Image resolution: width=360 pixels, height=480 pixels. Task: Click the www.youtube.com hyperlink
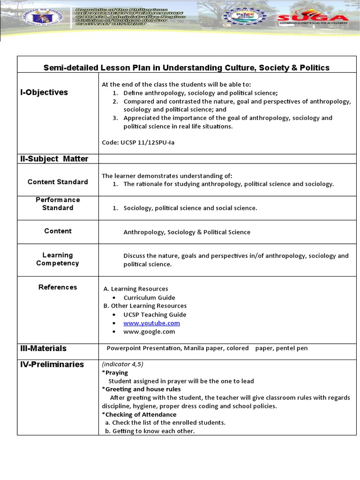click(x=151, y=323)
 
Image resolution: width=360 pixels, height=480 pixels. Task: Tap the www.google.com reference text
click(x=149, y=331)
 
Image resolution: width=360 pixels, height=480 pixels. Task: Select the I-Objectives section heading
click(x=44, y=92)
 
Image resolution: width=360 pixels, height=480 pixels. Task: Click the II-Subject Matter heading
click(x=54, y=159)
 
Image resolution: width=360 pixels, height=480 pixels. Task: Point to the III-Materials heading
click(x=43, y=348)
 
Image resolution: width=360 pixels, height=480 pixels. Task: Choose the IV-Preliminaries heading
click(x=52, y=364)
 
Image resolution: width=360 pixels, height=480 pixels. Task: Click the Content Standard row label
click(x=58, y=182)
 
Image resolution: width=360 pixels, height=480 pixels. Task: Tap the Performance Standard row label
click(x=58, y=204)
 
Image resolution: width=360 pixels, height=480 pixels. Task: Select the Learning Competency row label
click(x=58, y=259)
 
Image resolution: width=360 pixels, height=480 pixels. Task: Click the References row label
click(x=58, y=287)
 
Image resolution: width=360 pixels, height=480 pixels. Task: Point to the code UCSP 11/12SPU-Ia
click(x=141, y=142)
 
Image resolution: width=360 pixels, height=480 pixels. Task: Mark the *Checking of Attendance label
click(x=139, y=414)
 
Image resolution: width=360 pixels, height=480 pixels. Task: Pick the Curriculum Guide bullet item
click(x=149, y=298)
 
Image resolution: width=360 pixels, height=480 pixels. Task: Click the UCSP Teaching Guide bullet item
click(x=155, y=315)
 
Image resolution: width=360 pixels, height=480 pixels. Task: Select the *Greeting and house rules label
click(x=141, y=389)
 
